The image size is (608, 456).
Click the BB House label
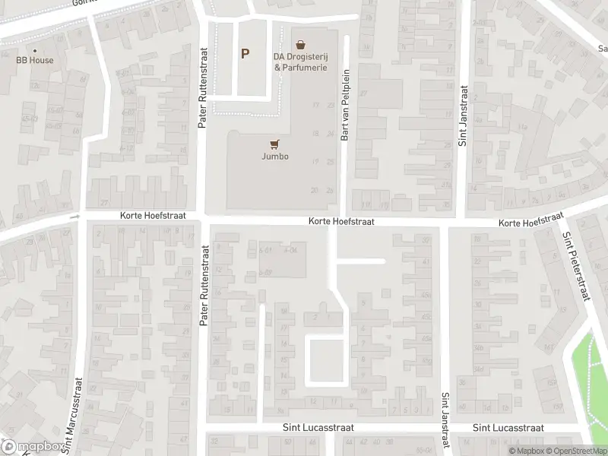click(36, 60)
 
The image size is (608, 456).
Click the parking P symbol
click(245, 53)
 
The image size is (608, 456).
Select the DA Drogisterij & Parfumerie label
click(301, 62)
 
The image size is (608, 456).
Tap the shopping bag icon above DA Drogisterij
click(301, 45)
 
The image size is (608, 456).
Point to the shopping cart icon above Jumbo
click(274, 144)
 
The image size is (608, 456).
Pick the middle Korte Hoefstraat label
click(342, 221)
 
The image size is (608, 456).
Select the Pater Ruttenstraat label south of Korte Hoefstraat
click(204, 286)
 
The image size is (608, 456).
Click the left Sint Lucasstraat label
click(318, 429)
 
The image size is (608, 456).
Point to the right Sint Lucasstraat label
click(508, 429)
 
